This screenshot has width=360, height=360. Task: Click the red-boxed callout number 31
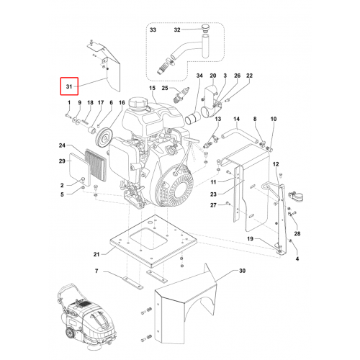[x=69, y=86]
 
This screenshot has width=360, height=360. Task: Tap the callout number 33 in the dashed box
[x=153, y=30]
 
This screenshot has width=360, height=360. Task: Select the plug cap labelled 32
[x=204, y=27]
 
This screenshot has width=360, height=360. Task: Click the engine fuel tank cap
[x=135, y=104]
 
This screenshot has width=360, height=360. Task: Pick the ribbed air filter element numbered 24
[x=96, y=165]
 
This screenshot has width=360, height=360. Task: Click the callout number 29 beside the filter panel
[x=62, y=161]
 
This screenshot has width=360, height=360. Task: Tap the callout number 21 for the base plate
[x=96, y=254]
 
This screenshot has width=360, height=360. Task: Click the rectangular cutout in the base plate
[x=148, y=238]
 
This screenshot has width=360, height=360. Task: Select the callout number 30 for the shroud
[x=242, y=271]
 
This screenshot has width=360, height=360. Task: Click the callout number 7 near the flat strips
[x=96, y=271]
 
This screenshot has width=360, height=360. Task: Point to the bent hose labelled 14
[x=240, y=135]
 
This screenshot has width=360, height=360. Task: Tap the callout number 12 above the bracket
[x=276, y=164]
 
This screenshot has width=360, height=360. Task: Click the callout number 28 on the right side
[x=297, y=233]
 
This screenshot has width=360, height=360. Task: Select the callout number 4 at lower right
[x=297, y=258]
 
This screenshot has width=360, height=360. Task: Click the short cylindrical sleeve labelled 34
[x=193, y=118]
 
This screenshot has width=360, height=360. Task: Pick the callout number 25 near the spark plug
[x=165, y=88]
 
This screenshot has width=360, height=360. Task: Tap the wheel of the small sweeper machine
[x=70, y=335]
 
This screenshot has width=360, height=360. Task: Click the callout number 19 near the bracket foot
[x=250, y=238]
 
